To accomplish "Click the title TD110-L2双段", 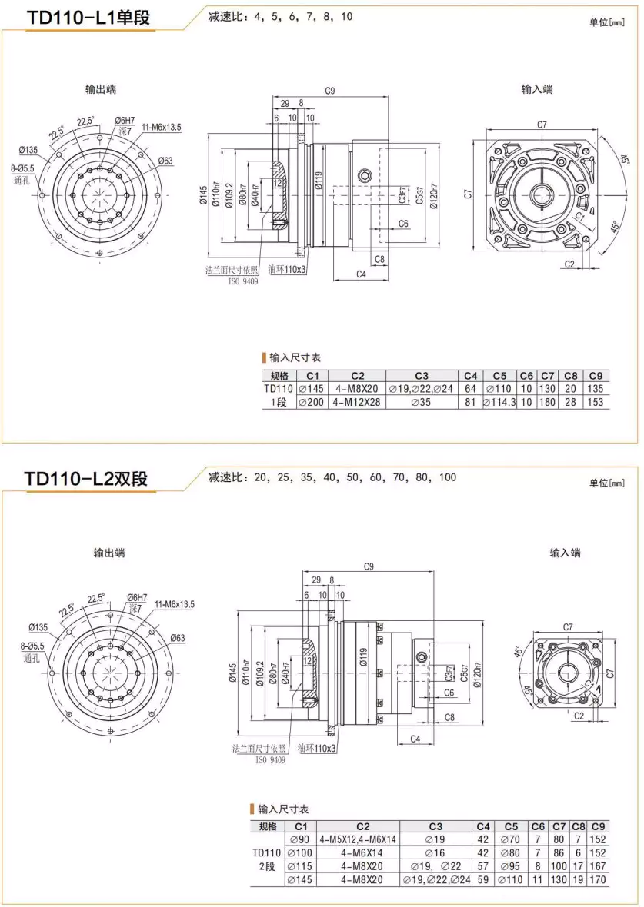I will tap(85, 478).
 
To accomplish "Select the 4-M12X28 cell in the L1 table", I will tap(357, 402).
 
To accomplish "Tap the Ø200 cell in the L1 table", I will tap(312, 402).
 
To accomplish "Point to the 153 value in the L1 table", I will tap(595, 402).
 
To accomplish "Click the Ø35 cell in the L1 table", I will tap(421, 402).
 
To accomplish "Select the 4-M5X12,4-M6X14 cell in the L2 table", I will tap(357, 839).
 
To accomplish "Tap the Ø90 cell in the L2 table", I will tap(299, 839).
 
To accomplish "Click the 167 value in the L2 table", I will tap(598, 866).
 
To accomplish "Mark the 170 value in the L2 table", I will tap(598, 879).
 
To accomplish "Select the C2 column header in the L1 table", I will tap(357, 376).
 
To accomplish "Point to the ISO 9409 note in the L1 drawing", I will tap(242, 281).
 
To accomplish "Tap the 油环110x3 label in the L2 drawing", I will tap(315, 749).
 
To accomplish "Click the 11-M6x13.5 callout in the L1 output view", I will tap(160, 128).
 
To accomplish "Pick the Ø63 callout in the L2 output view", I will tap(177, 638).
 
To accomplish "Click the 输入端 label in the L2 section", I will tap(565, 553).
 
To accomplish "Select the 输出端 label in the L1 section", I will tap(101, 89).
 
